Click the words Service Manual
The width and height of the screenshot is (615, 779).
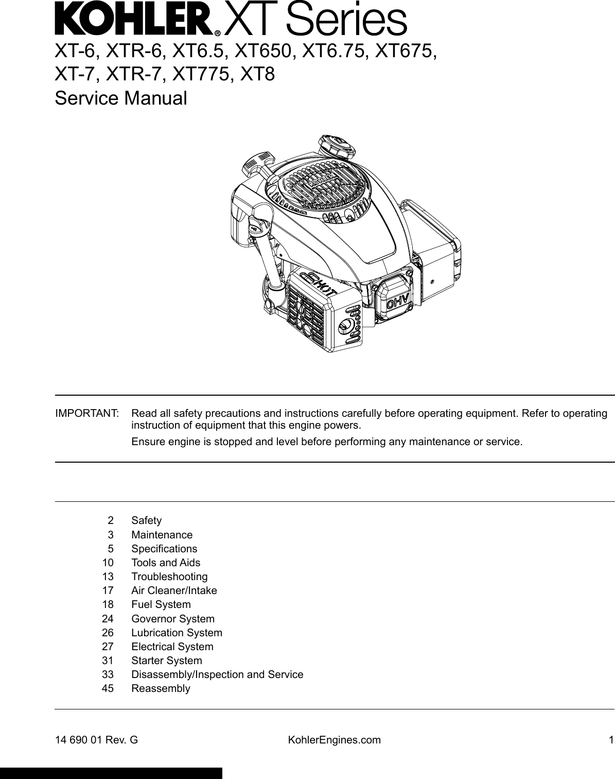(x=121, y=98)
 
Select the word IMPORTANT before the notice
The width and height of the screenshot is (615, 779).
(x=87, y=414)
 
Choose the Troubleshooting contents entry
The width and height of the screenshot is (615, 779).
(x=169, y=577)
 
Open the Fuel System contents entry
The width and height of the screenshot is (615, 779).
(x=161, y=604)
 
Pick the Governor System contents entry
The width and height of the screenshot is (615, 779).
(x=172, y=618)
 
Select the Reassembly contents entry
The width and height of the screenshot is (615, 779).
(x=161, y=688)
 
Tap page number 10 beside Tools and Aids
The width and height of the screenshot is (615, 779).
(x=108, y=563)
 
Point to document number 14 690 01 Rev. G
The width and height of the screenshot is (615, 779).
(x=97, y=740)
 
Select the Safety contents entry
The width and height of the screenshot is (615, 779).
(x=146, y=520)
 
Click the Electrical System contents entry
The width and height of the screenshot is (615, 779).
(x=172, y=647)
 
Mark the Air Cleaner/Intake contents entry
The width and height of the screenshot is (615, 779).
(x=174, y=590)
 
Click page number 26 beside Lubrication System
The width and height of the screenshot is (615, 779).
(x=108, y=633)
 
